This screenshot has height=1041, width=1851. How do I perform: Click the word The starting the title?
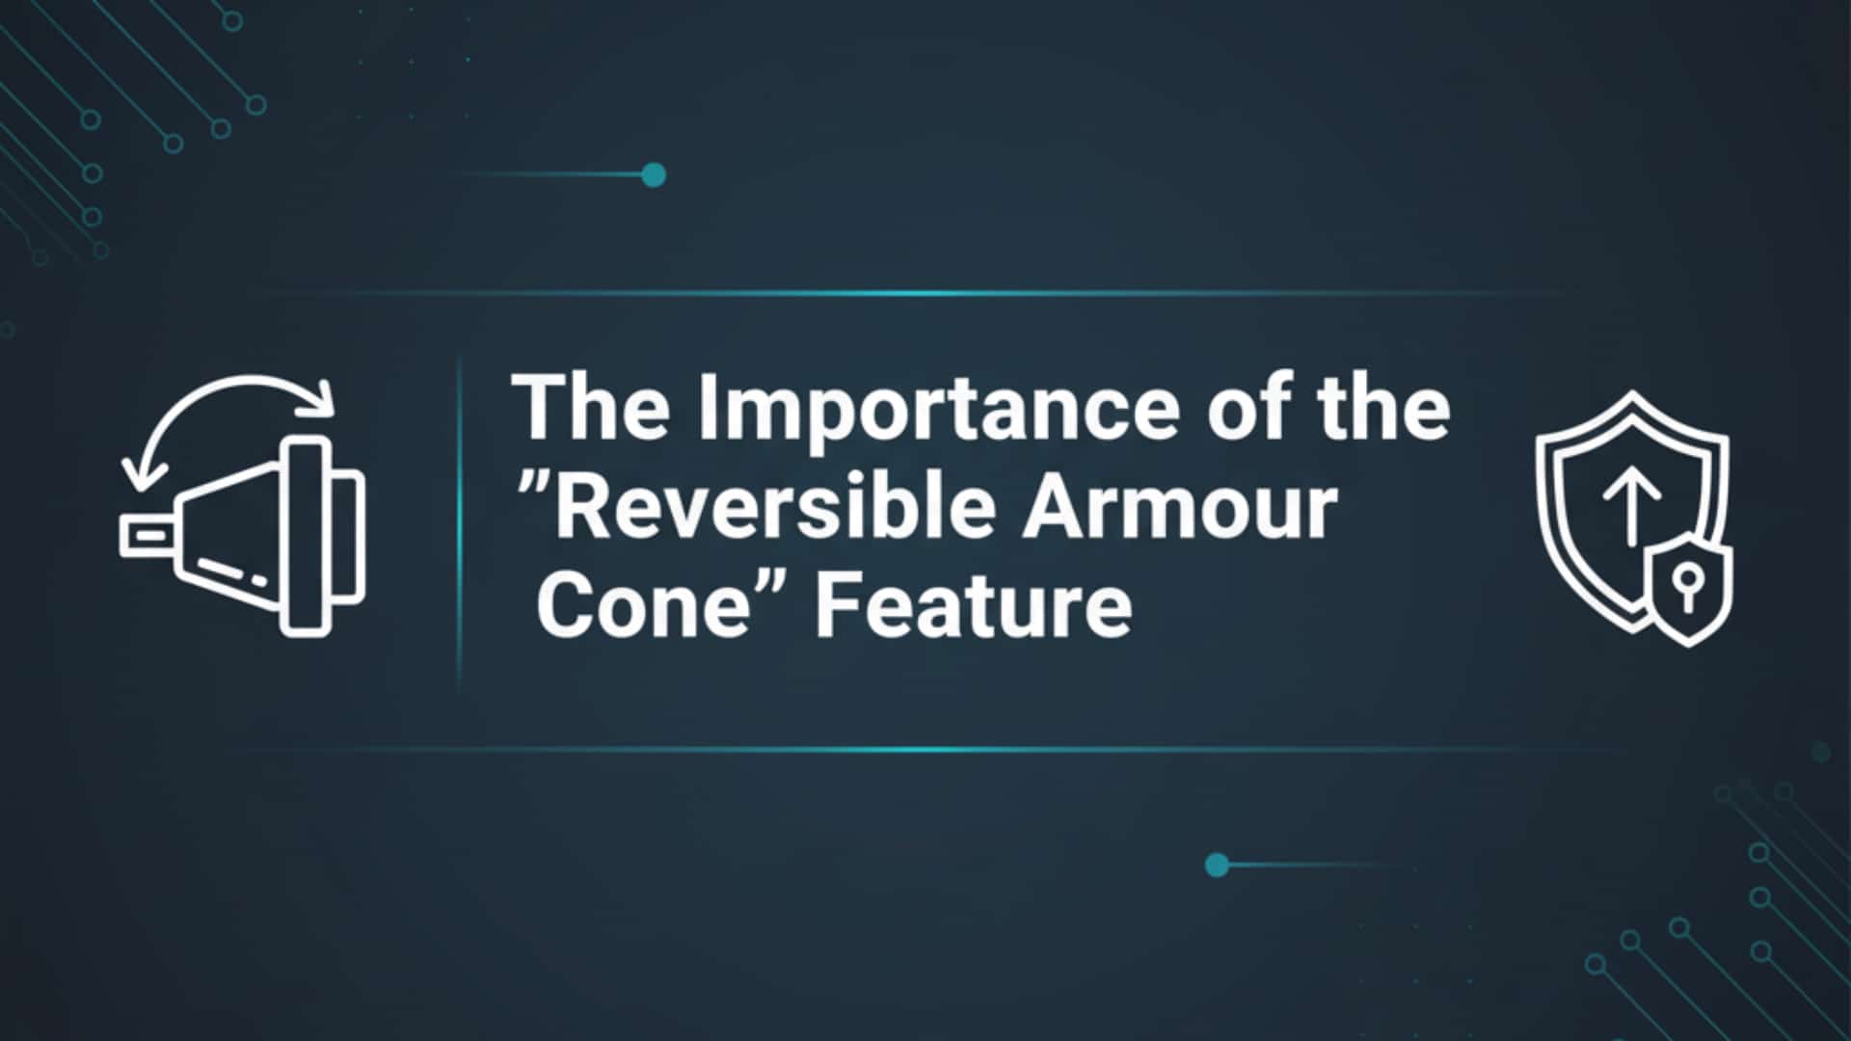[590, 407]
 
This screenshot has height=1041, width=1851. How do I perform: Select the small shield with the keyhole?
[1687, 587]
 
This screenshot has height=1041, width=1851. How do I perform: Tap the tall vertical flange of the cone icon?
[306, 536]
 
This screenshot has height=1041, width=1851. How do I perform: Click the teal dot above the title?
[654, 175]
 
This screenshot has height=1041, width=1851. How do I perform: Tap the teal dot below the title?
[1217, 865]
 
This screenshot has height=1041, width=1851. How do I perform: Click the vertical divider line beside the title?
[459, 520]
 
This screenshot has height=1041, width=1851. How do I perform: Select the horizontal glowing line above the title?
[916, 293]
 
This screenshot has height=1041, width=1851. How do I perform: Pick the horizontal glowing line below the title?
[916, 749]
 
